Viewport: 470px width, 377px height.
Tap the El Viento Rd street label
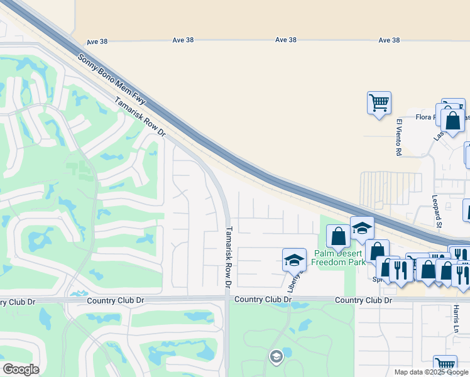click(398, 137)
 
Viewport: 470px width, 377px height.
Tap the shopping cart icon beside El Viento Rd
click(379, 102)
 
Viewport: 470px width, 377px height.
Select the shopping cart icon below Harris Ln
click(445, 365)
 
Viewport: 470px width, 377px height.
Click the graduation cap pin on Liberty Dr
click(293, 259)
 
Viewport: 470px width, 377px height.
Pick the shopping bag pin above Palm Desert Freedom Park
click(338, 237)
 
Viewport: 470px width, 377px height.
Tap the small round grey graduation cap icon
click(275, 357)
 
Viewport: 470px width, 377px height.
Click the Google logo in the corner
click(21, 369)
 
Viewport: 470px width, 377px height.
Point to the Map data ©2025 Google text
click(431, 372)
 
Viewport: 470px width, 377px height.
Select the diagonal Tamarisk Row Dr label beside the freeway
click(139, 117)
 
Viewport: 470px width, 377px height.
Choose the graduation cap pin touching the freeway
click(362, 227)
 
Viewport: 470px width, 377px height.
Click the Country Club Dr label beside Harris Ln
click(363, 300)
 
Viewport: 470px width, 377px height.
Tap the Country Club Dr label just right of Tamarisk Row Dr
click(263, 300)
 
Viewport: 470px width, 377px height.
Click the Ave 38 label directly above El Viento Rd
click(389, 40)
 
